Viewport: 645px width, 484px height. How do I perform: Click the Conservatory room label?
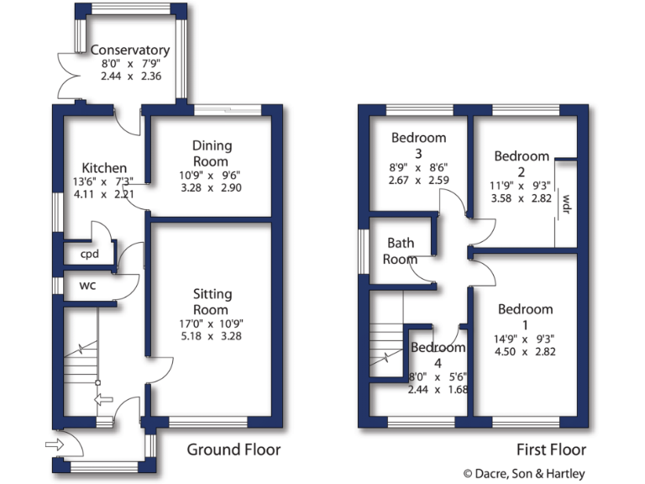130,50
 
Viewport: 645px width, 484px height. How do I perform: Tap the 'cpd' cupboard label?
90,255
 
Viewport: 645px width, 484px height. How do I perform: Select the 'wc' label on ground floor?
87,286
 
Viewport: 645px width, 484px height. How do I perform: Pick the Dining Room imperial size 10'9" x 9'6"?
212,176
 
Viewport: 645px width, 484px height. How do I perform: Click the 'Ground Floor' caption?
233,450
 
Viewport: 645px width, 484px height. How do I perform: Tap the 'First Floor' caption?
552,450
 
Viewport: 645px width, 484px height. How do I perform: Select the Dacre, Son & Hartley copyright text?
524,474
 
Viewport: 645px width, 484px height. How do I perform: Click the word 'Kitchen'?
99,168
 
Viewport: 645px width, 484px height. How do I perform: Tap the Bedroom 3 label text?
418,145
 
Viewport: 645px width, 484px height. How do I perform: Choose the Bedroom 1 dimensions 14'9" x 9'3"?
525,339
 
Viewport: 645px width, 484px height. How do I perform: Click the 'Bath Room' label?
401,250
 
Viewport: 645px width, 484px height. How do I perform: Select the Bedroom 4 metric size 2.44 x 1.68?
438,389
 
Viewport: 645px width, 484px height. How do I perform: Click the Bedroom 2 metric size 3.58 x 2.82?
521,198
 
